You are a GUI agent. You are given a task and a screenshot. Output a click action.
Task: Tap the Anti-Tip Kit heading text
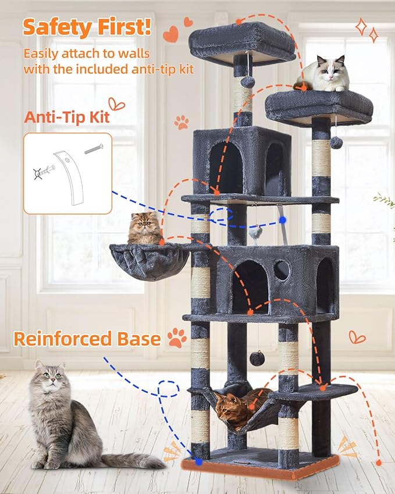point(66,117)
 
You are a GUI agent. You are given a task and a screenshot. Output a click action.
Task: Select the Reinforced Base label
point(87,338)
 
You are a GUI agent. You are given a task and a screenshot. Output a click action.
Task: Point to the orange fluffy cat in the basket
point(144,229)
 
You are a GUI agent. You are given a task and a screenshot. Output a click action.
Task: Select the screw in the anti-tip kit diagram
point(93,149)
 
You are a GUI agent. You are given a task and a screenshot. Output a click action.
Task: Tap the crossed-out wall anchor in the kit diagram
point(41,173)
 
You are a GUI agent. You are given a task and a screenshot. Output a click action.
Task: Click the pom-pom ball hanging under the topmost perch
point(248,81)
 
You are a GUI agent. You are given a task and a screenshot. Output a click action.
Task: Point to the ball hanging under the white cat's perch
point(336,142)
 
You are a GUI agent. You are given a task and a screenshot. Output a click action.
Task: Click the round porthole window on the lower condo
point(282,269)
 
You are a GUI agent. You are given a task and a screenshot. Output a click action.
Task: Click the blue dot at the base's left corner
point(199,461)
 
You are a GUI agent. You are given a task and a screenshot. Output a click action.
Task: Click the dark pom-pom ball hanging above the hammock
point(257,358)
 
